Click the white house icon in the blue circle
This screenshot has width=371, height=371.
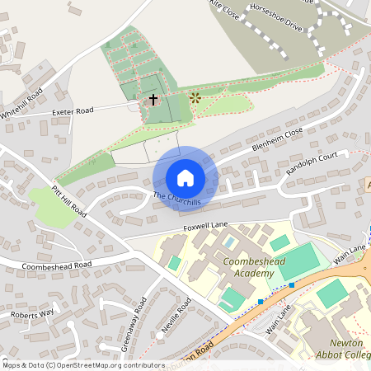[x=185, y=178]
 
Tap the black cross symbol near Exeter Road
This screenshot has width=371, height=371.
[x=153, y=100]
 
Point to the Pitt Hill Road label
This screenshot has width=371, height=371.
[x=68, y=200]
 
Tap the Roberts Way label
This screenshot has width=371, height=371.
[x=31, y=313]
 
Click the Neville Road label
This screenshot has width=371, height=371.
[x=176, y=317]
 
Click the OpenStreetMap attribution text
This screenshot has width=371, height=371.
[x=83, y=364]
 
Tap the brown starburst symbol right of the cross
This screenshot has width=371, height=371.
[x=195, y=97]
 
